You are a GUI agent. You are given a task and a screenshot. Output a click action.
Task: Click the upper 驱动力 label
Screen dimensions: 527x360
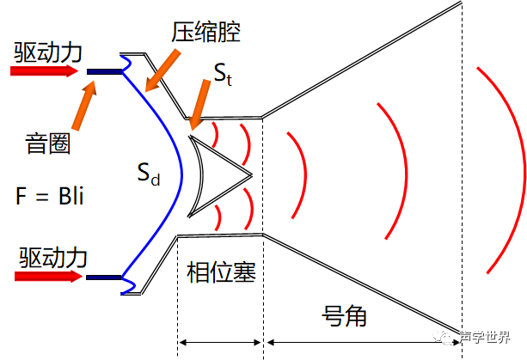click(x=48, y=52)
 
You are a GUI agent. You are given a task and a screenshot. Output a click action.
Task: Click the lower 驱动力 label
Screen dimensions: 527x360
click(x=52, y=258)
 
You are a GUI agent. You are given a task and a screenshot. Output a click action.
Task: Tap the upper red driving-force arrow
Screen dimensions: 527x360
click(x=44, y=70)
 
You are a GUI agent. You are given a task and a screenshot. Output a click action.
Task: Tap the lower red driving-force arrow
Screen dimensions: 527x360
click(x=48, y=277)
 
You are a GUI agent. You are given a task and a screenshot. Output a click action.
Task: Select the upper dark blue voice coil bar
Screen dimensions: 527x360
click(x=105, y=71)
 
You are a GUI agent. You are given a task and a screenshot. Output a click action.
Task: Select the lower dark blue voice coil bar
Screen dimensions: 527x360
click(x=103, y=278)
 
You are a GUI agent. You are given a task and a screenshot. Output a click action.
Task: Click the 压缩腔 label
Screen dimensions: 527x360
click(x=206, y=33)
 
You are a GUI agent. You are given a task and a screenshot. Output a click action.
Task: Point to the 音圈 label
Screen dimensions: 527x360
click(x=48, y=143)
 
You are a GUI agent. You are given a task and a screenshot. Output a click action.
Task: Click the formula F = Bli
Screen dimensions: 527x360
click(x=49, y=196)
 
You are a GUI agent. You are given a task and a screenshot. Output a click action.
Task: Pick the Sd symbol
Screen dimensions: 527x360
click(x=149, y=174)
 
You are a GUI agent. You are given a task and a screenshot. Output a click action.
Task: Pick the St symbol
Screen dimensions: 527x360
click(x=223, y=75)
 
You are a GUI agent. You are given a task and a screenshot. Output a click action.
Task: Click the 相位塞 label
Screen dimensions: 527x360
click(x=221, y=272)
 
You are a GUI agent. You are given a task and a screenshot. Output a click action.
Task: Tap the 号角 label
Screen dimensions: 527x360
click(x=344, y=315)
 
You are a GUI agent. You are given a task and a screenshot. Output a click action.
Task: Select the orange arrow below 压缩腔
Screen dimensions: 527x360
click(x=163, y=70)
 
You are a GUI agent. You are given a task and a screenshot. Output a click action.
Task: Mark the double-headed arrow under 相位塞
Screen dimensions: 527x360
click(x=220, y=343)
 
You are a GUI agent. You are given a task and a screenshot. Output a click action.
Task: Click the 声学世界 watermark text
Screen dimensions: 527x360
click(x=485, y=337)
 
